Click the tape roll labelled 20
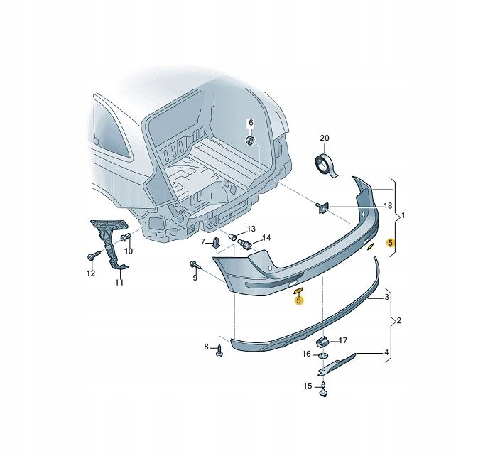click(325, 165)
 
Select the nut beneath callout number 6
click(250, 141)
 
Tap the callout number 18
click(388, 206)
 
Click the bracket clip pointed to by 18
click(322, 207)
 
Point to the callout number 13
click(251, 229)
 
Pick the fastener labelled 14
click(244, 243)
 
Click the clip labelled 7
click(215, 242)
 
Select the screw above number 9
click(195, 265)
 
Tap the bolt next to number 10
click(126, 237)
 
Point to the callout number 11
click(119, 282)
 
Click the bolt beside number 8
click(219, 351)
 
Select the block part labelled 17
click(322, 342)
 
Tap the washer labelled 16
click(323, 355)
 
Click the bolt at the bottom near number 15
click(323, 389)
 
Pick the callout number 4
click(386, 353)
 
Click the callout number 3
click(386, 297)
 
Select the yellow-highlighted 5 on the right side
click(390, 243)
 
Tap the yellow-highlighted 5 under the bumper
click(298, 300)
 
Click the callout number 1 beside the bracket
click(403, 215)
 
